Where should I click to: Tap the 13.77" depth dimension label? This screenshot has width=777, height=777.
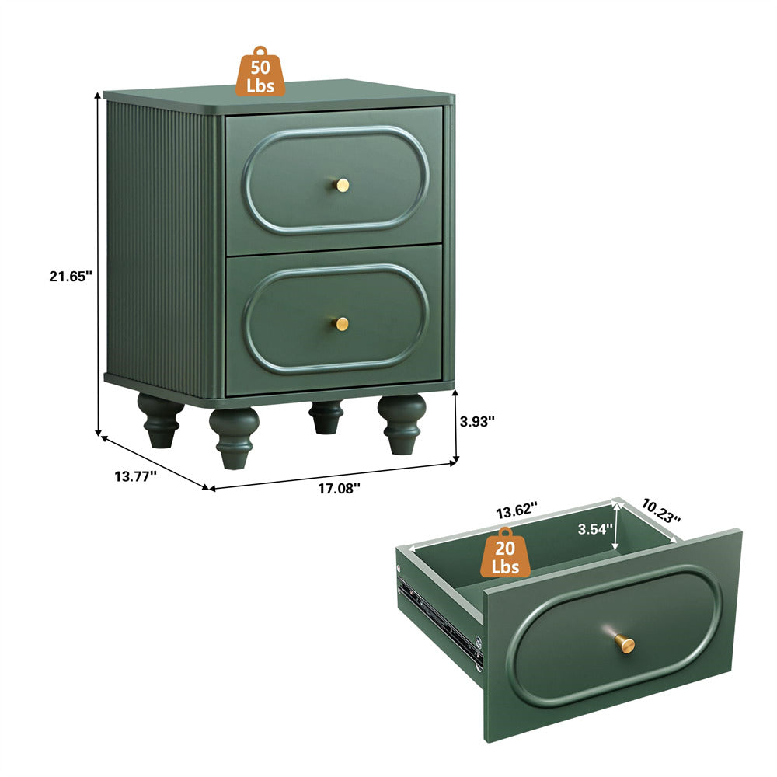pos(136,476)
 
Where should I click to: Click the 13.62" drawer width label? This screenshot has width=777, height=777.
pos(517,511)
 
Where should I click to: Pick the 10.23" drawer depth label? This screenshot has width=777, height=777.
pos(660,510)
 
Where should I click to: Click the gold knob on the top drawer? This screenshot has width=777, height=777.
pos(342,184)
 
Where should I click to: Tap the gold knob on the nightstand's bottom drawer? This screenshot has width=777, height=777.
pos(341,323)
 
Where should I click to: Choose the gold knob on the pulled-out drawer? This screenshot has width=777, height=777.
pos(623,643)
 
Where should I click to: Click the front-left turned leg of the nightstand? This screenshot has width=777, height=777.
pos(234,437)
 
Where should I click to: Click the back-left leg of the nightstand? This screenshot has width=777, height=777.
pos(160,420)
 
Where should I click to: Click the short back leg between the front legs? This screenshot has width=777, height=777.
pos(326,416)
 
